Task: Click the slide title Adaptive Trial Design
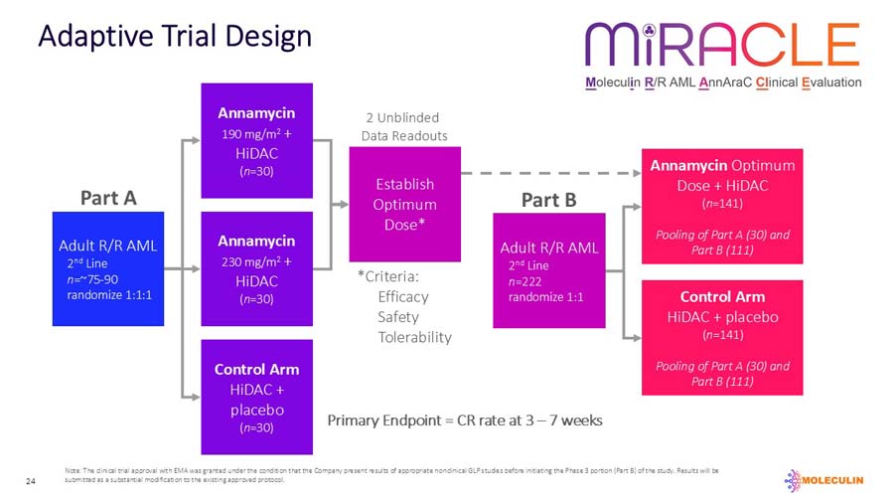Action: pyautogui.click(x=174, y=37)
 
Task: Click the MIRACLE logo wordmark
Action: pyautogui.click(x=722, y=46)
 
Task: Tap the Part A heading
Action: pyautogui.click(x=107, y=198)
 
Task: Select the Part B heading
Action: pyautogui.click(x=548, y=200)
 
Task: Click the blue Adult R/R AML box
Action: pyautogui.click(x=107, y=269)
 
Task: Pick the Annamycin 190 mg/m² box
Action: pyautogui.click(x=257, y=141)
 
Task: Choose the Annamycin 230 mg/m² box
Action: pyautogui.click(x=257, y=268)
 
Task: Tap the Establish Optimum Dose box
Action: pyautogui.click(x=404, y=204)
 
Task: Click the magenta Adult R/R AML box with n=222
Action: pyautogui.click(x=548, y=270)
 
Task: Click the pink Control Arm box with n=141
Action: pyautogui.click(x=722, y=338)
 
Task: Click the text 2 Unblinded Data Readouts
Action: pyautogui.click(x=404, y=127)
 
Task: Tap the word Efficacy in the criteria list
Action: pyautogui.click(x=403, y=296)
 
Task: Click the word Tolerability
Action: pyautogui.click(x=414, y=337)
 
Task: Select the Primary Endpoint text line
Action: pyautogui.click(x=465, y=420)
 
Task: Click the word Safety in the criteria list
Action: pyautogui.click(x=397, y=317)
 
